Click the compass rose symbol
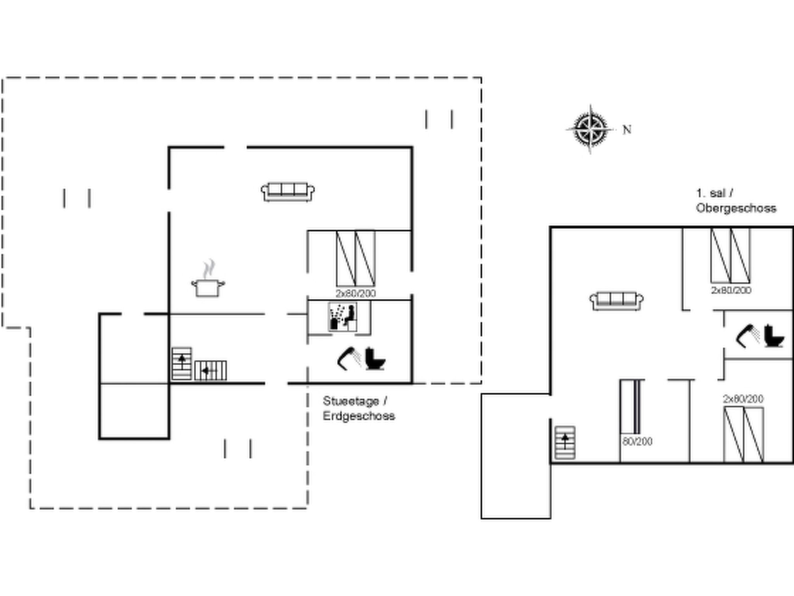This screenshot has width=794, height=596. coord(590,129)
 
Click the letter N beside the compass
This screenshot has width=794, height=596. coord(627,130)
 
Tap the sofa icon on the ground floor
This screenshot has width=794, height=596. coord(288,192)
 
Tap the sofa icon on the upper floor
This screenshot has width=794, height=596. coord(616,301)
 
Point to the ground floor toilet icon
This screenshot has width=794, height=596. coord(375,359)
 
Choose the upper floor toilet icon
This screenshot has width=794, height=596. coord(774,336)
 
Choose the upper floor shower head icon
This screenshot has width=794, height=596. coord(748,336)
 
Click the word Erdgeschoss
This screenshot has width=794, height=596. coord(359,416)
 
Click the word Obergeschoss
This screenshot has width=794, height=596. coord(736,208)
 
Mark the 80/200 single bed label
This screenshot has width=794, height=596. coord(637,442)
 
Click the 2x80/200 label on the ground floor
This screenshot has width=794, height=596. coord(356,293)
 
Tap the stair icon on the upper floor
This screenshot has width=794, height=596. coord(565,443)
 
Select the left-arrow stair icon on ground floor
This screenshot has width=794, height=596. coord(211,371)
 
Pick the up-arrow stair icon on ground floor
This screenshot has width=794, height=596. coord(182,363)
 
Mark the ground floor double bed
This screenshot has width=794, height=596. coord(356,258)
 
